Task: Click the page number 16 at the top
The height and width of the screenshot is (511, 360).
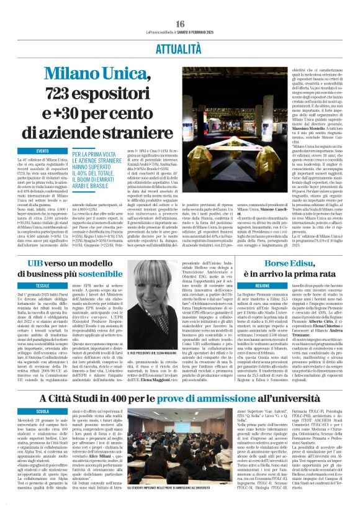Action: click(x=180, y=24)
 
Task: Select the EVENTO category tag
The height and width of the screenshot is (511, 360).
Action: click(x=43, y=151)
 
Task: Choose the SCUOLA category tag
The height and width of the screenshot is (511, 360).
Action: click(x=43, y=411)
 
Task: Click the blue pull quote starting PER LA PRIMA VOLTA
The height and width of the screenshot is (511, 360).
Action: click(x=103, y=168)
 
